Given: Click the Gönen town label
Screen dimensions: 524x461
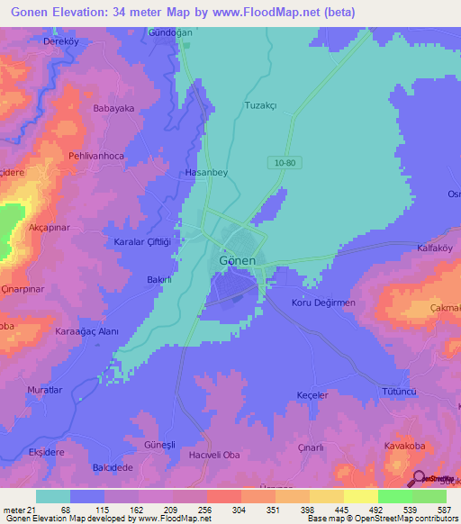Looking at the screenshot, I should [x=238, y=260].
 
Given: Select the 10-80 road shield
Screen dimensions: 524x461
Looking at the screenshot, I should [x=282, y=162].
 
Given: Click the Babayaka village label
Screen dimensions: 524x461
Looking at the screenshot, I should [x=113, y=108].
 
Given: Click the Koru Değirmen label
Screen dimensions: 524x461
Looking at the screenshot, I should [x=323, y=303].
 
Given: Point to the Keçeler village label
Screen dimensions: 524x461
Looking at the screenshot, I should [x=312, y=395].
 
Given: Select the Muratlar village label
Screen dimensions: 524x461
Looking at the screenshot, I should [x=45, y=390].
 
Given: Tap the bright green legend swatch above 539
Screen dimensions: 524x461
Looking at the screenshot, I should [x=394, y=496].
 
